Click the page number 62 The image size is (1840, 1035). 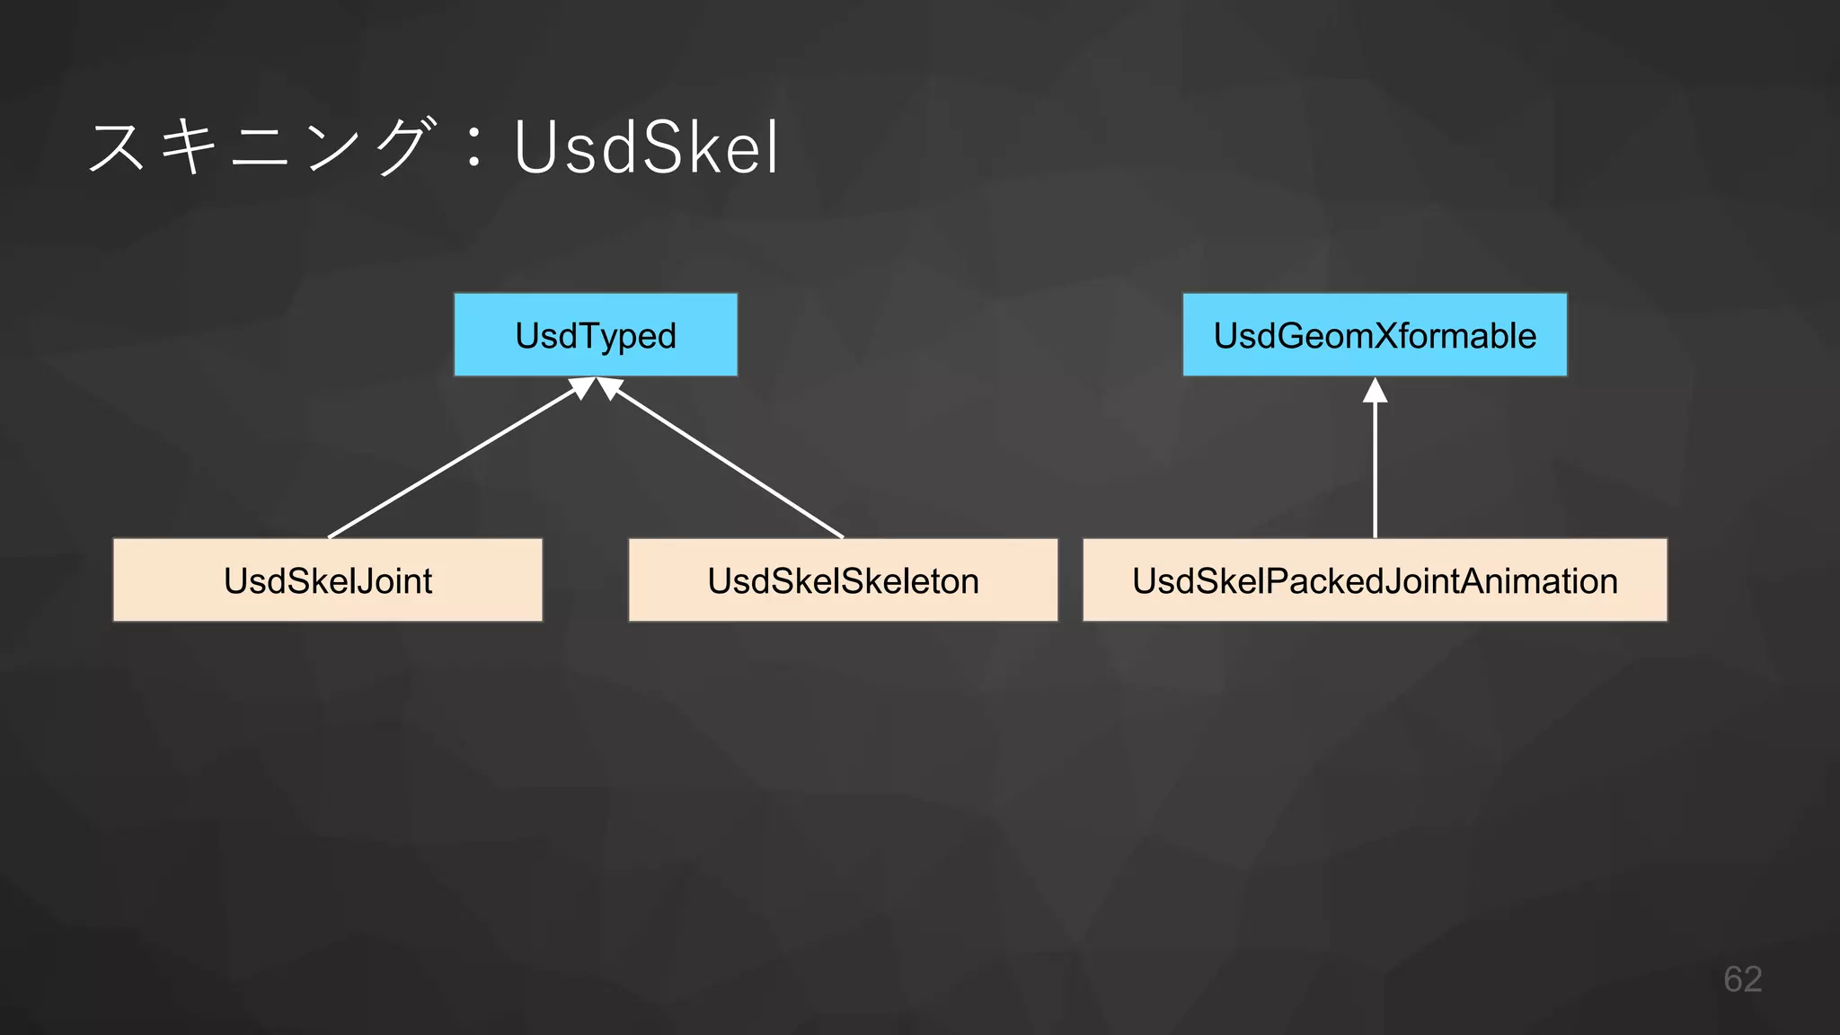[x=1742, y=978]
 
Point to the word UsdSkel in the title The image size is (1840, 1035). [x=646, y=148]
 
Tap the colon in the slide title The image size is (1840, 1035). [x=474, y=148]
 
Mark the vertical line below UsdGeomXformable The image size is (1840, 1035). [x=1375, y=472]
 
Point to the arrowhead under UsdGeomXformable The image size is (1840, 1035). [x=1375, y=391]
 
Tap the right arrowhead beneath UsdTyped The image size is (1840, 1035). [x=610, y=387]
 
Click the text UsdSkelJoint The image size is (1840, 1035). [x=328, y=581]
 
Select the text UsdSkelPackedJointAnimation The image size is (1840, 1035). [x=1375, y=581]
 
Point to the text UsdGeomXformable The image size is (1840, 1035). [x=1375, y=336]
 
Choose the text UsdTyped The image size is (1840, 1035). [x=595, y=336]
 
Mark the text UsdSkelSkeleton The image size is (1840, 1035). [x=843, y=581]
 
